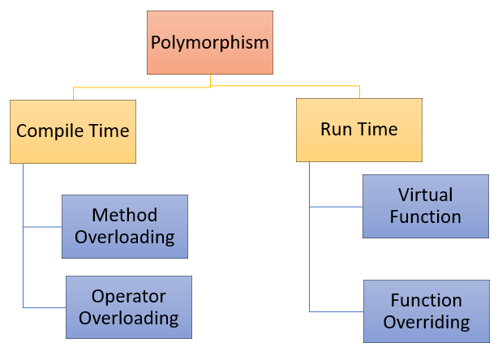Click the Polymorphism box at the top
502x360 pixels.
[210, 42]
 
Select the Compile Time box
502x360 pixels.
[73, 131]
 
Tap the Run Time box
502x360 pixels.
[358, 130]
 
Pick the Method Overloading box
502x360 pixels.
[125, 226]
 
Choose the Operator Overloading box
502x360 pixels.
[129, 307]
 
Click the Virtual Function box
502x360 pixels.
[425, 206]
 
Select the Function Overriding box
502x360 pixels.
[426, 311]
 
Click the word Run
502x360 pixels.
[337, 130]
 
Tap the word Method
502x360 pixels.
[125, 216]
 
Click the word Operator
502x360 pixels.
[129, 297]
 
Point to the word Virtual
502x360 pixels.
[426, 195]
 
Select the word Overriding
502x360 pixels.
[427, 322]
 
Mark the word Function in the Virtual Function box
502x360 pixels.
[426, 217]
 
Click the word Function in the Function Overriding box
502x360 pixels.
[427, 301]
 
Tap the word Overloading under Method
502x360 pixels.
[125, 238]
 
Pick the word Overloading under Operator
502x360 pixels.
[129, 318]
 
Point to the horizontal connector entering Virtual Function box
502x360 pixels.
[336, 207]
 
